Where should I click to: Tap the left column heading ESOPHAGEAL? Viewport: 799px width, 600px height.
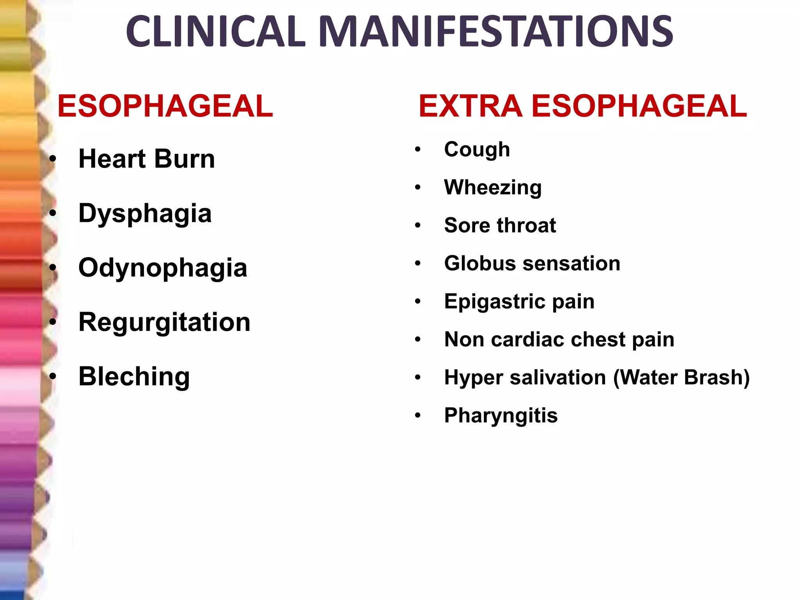[x=165, y=106]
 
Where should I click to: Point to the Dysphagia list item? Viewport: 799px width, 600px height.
[x=145, y=214]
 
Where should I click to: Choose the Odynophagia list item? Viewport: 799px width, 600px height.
[x=163, y=268]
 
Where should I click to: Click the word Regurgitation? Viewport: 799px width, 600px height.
[x=164, y=322]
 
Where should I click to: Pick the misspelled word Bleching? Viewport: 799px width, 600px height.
[x=134, y=377]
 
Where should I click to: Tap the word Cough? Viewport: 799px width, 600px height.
[x=477, y=150]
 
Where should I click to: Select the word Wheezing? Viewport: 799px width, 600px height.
[x=493, y=187]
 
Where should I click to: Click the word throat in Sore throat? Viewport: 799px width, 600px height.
[x=526, y=225]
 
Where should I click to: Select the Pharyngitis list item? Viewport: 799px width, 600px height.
[x=501, y=415]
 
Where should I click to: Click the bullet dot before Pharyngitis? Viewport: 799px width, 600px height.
[x=418, y=415]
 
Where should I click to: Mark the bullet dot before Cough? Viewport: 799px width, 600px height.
[x=418, y=150]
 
